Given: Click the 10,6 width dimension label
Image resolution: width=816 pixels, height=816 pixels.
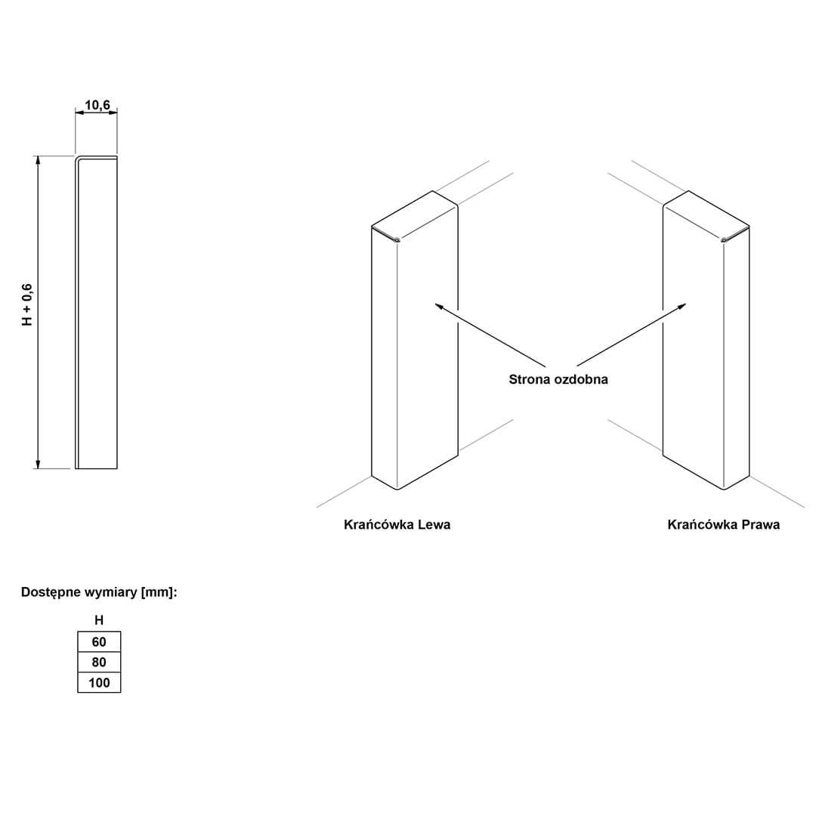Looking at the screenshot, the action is [x=97, y=105].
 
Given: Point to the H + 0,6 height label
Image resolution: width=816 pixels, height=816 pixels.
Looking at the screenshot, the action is [x=27, y=305].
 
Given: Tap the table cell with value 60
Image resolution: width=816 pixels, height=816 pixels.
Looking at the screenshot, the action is [x=99, y=641].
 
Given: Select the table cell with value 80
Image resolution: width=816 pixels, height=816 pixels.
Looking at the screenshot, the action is [x=99, y=662].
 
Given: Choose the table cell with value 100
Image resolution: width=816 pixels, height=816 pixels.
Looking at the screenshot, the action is [x=99, y=682].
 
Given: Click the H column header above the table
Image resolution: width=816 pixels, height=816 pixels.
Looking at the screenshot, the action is [x=99, y=620].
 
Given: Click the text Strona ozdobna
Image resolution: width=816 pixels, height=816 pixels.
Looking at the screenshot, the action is [x=558, y=379].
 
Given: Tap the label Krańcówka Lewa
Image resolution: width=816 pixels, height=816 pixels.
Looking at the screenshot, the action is [x=397, y=524].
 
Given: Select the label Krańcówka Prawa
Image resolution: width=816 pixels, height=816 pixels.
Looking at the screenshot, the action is [x=723, y=524].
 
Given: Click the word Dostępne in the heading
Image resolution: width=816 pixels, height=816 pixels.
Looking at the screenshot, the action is [x=51, y=593].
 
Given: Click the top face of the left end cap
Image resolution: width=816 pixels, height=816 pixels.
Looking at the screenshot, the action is [x=415, y=215].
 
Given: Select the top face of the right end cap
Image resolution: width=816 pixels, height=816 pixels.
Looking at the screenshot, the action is [x=706, y=215].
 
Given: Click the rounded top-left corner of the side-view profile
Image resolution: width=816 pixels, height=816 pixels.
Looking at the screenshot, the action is [x=78, y=158].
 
